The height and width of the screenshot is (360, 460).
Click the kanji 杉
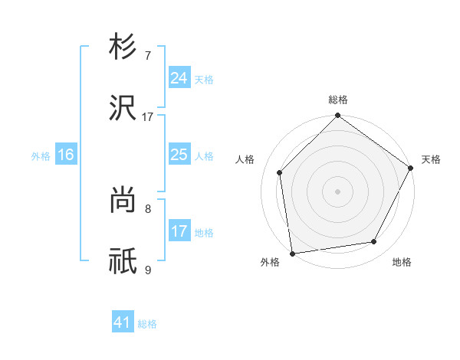point(123,47)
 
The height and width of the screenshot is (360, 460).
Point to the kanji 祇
point(123,261)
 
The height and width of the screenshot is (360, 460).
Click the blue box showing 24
point(179,77)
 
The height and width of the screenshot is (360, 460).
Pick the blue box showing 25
point(179,155)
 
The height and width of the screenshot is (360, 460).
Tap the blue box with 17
point(179,231)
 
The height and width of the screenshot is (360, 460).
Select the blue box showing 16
point(66,155)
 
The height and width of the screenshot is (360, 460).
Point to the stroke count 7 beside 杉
point(148,57)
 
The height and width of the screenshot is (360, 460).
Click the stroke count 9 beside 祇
point(148,270)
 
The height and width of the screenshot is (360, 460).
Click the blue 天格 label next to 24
point(204,79)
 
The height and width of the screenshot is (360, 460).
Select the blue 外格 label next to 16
point(41,156)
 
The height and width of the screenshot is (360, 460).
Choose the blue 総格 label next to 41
point(147,324)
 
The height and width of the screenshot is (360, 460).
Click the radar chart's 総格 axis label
point(338,100)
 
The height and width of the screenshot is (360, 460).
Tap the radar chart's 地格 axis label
point(402,262)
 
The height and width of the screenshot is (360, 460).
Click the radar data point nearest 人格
point(280,172)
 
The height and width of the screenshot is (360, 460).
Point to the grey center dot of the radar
point(338,191)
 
